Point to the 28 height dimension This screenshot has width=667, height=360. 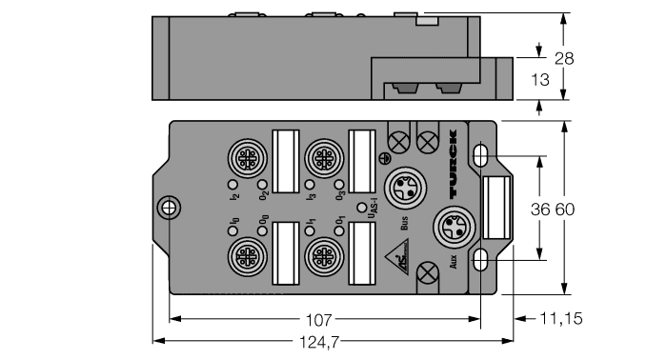coord(564,59)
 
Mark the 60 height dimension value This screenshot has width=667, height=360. coord(565,209)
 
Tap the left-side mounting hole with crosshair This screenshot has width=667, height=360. coord(169,207)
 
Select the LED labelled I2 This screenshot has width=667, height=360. coord(232,184)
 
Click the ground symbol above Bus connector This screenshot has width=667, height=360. coord(384,159)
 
